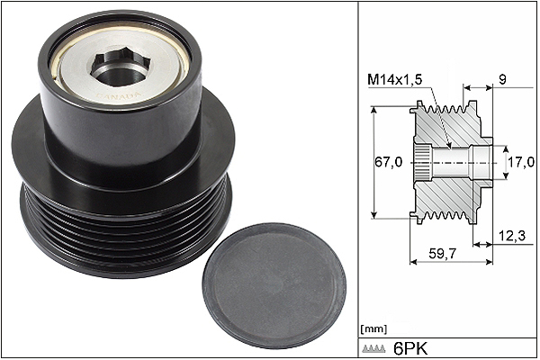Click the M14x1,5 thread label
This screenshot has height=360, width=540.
(x=394, y=80)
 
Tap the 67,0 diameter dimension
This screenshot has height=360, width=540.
(x=388, y=162)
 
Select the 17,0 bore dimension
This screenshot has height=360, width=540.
(x=521, y=162)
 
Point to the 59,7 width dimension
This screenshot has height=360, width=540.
(x=442, y=254)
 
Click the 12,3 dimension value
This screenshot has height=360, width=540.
(x=512, y=236)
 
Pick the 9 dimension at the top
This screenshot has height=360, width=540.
(x=502, y=80)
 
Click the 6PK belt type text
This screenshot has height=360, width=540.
(x=410, y=349)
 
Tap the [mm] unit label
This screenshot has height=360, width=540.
(x=373, y=328)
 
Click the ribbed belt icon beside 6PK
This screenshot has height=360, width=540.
(x=373, y=349)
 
